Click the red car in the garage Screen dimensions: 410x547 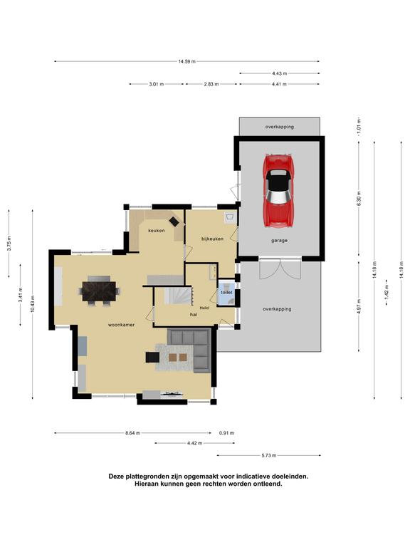(278, 190)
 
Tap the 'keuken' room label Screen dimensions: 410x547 (156, 231)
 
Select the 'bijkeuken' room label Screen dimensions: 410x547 (212, 239)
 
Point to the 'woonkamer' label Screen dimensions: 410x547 (121, 325)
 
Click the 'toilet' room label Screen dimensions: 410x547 (226, 292)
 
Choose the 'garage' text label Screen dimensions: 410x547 (279, 240)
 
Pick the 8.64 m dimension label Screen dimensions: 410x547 (132, 433)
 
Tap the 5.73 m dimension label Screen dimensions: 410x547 (269, 455)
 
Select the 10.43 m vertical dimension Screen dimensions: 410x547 (33, 304)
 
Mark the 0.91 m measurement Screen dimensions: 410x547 (226, 433)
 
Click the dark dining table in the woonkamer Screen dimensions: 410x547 (100, 291)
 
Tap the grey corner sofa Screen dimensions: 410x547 (190, 350)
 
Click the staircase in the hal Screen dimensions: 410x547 (178, 296)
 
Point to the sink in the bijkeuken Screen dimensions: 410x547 (230, 217)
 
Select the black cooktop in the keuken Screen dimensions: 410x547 (174, 221)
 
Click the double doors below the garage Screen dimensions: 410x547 (280, 269)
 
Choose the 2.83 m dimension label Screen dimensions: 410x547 (211, 84)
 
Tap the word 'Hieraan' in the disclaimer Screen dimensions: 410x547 (147, 484)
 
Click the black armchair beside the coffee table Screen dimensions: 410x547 (152, 358)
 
